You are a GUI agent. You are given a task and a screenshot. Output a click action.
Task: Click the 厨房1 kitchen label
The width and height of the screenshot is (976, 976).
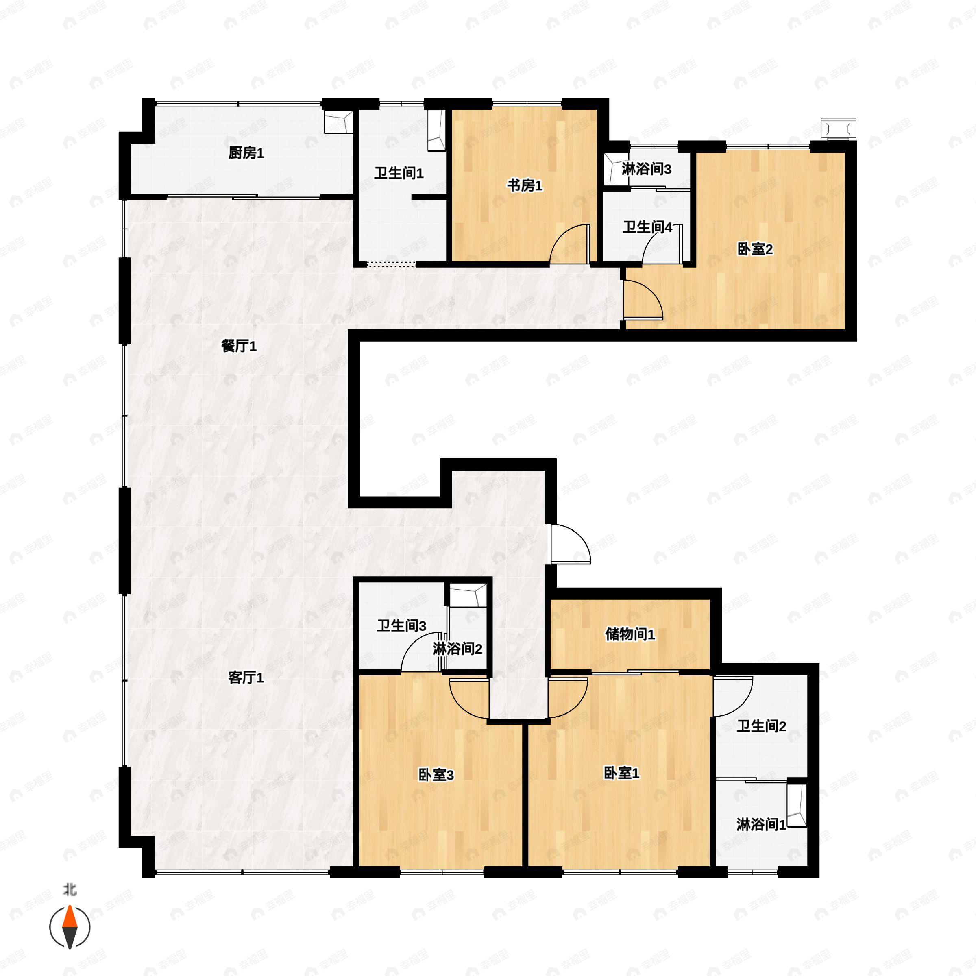tap(246, 153)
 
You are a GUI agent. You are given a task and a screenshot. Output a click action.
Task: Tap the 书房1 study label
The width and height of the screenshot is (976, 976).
tap(525, 186)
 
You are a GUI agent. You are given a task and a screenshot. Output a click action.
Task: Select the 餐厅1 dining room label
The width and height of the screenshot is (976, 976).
tap(239, 346)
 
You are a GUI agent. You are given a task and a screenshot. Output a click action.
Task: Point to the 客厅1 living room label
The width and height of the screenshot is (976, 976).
tap(246, 678)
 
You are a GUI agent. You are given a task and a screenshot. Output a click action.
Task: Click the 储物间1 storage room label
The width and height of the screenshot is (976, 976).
tap(630, 634)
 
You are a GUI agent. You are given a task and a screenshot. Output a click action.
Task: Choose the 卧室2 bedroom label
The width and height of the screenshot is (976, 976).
tap(755, 249)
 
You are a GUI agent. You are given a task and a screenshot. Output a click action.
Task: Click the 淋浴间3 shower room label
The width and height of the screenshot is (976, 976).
tap(647, 169)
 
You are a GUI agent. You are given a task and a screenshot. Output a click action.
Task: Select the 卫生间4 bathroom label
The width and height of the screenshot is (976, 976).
tap(648, 227)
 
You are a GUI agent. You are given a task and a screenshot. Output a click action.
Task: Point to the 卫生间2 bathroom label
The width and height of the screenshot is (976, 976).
tap(761, 726)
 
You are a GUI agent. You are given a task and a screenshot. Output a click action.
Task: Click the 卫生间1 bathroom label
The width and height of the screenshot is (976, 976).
tap(399, 173)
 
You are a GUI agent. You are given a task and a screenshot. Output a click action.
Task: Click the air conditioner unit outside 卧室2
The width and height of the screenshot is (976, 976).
tap(839, 128)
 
